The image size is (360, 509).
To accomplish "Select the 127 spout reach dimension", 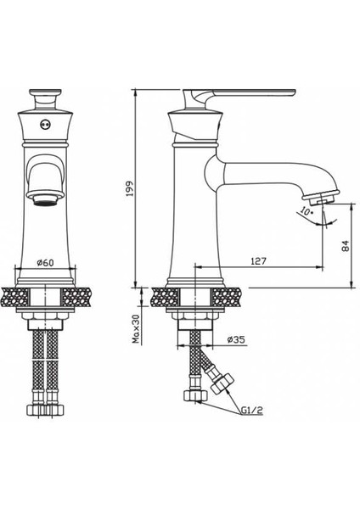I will (x=260, y=262).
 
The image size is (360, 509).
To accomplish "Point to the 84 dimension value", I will (x=344, y=246).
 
